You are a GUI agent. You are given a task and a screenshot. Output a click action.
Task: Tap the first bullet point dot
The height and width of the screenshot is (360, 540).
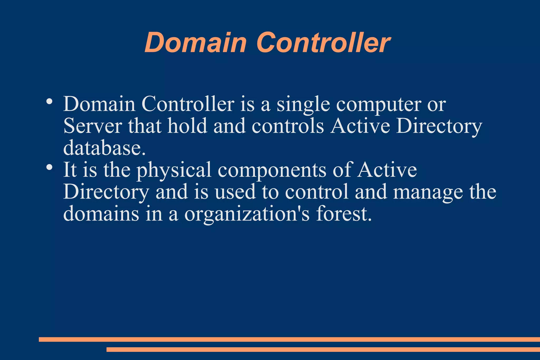[x=49, y=101]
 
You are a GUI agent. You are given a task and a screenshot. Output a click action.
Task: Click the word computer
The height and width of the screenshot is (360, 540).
[x=379, y=104]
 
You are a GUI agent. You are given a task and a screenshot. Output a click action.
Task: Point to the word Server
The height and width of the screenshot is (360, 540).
[x=93, y=126]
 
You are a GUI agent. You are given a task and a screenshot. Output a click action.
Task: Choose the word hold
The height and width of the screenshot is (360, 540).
[x=187, y=126]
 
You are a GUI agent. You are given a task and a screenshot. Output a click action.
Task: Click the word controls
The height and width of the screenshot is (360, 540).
[x=288, y=126]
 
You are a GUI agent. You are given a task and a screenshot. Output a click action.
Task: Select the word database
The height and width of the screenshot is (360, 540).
[x=104, y=148]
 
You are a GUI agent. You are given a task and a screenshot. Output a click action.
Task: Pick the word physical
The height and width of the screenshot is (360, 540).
[x=174, y=170]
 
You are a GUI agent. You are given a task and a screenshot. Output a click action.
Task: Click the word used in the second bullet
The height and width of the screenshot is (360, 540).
[x=235, y=192]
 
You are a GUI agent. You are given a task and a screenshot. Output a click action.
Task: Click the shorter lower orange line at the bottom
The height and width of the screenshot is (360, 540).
[x=323, y=349]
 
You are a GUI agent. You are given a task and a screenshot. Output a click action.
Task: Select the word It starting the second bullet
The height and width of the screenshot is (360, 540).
[x=70, y=170]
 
